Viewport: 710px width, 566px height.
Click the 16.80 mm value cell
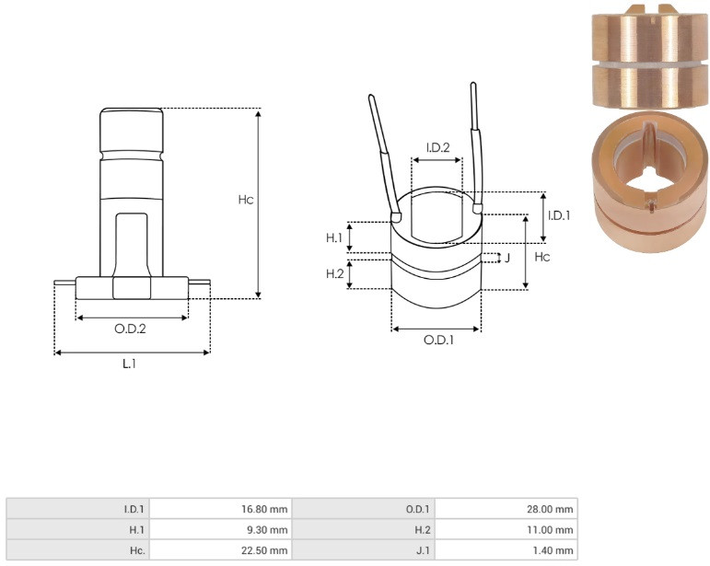click(220, 509)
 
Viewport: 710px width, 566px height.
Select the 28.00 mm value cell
click(506, 509)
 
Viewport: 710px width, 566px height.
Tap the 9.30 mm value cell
click(220, 530)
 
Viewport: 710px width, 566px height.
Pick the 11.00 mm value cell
click(506, 530)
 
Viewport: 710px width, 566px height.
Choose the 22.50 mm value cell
click(220, 550)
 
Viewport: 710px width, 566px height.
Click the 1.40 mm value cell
click(506, 550)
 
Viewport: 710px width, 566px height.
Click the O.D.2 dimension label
click(131, 329)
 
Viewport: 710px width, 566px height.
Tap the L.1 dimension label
click(130, 364)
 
